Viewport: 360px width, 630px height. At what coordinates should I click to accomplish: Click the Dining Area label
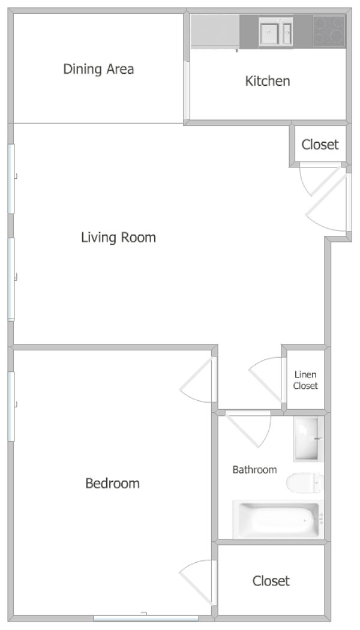click(x=98, y=69)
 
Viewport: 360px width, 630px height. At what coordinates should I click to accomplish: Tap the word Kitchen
click(x=268, y=81)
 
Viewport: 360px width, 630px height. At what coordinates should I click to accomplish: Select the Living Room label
click(x=119, y=237)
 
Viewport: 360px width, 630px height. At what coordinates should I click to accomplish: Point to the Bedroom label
click(x=113, y=482)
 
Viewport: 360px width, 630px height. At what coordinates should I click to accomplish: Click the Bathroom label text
click(x=255, y=469)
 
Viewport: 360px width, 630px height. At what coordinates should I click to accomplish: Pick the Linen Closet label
click(x=305, y=380)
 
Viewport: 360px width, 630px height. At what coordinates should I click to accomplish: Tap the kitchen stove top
click(x=329, y=31)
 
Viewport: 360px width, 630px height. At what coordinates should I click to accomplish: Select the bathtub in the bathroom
click(x=278, y=520)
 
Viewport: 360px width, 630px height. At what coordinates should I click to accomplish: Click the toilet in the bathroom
click(x=304, y=482)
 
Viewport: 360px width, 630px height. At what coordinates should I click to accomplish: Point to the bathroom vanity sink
click(x=308, y=439)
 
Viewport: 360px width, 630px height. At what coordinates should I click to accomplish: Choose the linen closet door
click(x=266, y=379)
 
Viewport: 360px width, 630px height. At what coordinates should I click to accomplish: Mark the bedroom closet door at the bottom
click(x=196, y=582)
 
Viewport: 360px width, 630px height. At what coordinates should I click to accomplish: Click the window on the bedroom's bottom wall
click(x=146, y=618)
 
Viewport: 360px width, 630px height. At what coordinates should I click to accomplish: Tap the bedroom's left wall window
click(x=11, y=406)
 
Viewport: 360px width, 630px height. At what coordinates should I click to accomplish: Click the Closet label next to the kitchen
click(x=320, y=145)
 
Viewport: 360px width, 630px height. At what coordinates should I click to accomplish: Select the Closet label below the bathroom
click(x=271, y=581)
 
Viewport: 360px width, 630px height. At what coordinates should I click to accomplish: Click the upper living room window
click(x=11, y=179)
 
